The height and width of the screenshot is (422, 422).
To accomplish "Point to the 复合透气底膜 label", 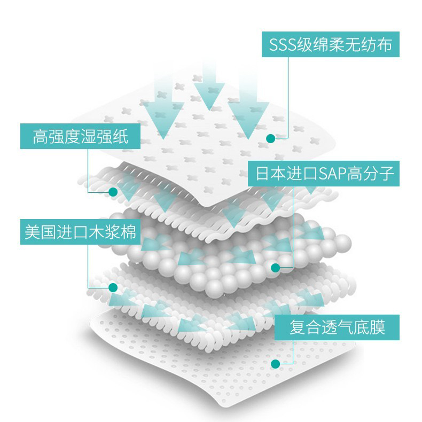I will [x=337, y=327].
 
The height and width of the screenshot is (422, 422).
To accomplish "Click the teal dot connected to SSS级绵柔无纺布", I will [x=271, y=138].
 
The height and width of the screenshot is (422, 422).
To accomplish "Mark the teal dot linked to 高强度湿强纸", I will [x=113, y=191].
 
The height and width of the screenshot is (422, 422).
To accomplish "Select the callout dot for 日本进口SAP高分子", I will [x=276, y=268].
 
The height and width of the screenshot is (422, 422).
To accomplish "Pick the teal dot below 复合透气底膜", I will [x=276, y=364].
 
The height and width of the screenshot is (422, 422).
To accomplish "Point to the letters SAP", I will [x=332, y=174].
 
